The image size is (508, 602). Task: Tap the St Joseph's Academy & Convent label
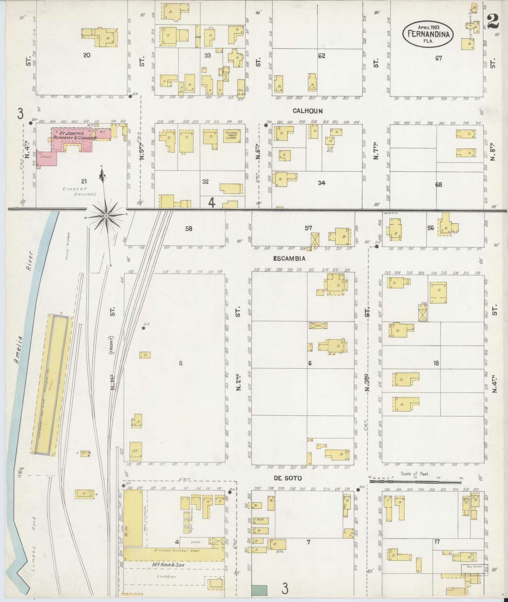click(x=71, y=136)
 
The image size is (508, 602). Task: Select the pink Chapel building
click(x=47, y=159)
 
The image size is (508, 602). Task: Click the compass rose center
click(x=106, y=216)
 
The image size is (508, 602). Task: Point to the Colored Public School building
click(x=232, y=136)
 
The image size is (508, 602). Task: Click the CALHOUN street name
click(x=307, y=111)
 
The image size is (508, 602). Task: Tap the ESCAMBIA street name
click(x=289, y=258)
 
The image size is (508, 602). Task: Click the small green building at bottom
click(x=259, y=590)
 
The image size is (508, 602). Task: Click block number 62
click(x=321, y=56)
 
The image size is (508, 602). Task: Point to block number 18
click(x=436, y=363)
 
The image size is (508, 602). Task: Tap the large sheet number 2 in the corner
click(x=494, y=22)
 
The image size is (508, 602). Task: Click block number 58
click(x=188, y=228)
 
